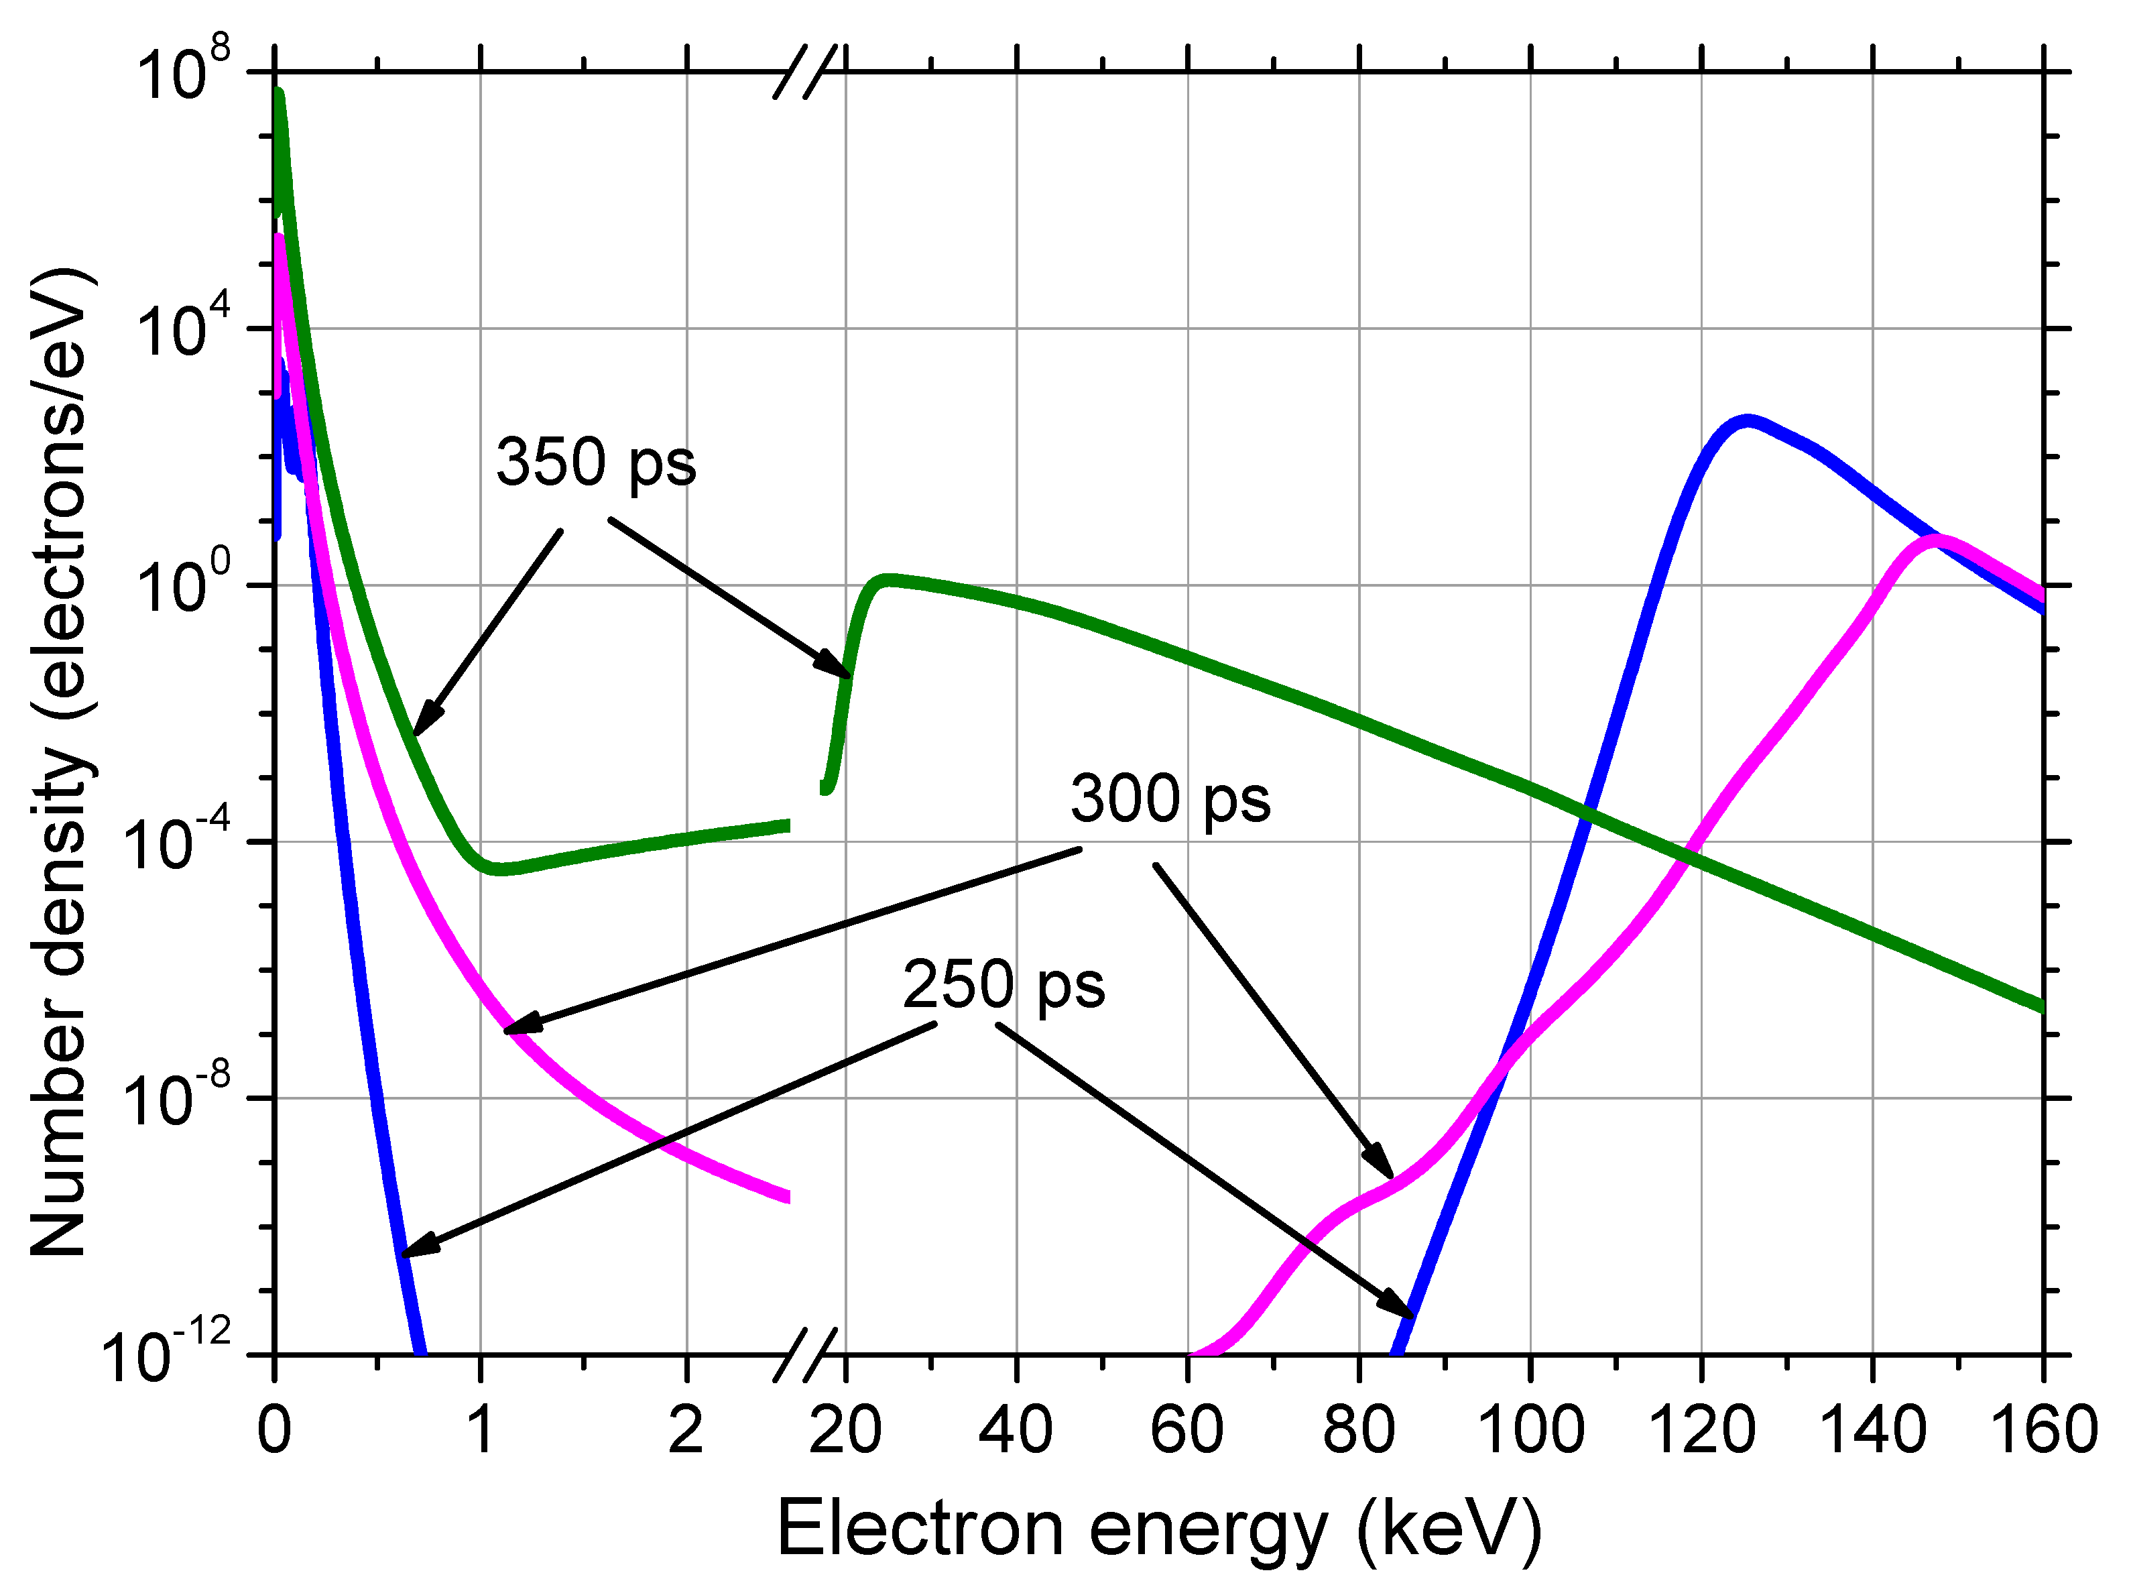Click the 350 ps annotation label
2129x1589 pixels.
click(x=595, y=463)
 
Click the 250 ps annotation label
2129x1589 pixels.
click(x=1003, y=986)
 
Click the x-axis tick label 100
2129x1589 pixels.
click(x=1530, y=1430)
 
